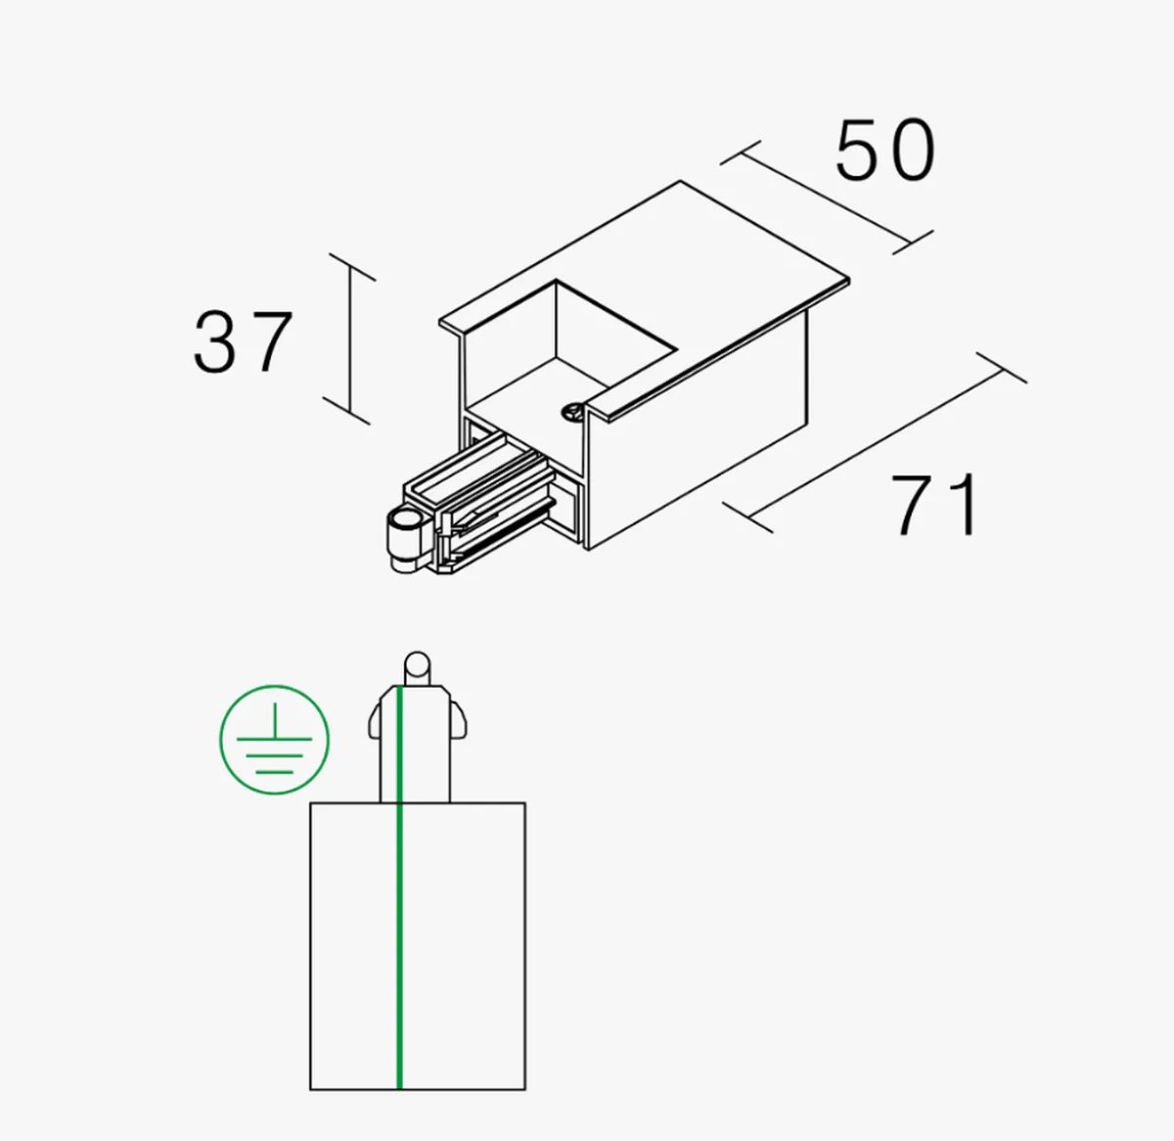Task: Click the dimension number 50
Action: [885, 151]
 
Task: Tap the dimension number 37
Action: [243, 342]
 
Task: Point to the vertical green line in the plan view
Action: [399, 887]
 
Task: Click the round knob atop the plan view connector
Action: [418, 668]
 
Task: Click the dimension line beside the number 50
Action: [827, 198]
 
